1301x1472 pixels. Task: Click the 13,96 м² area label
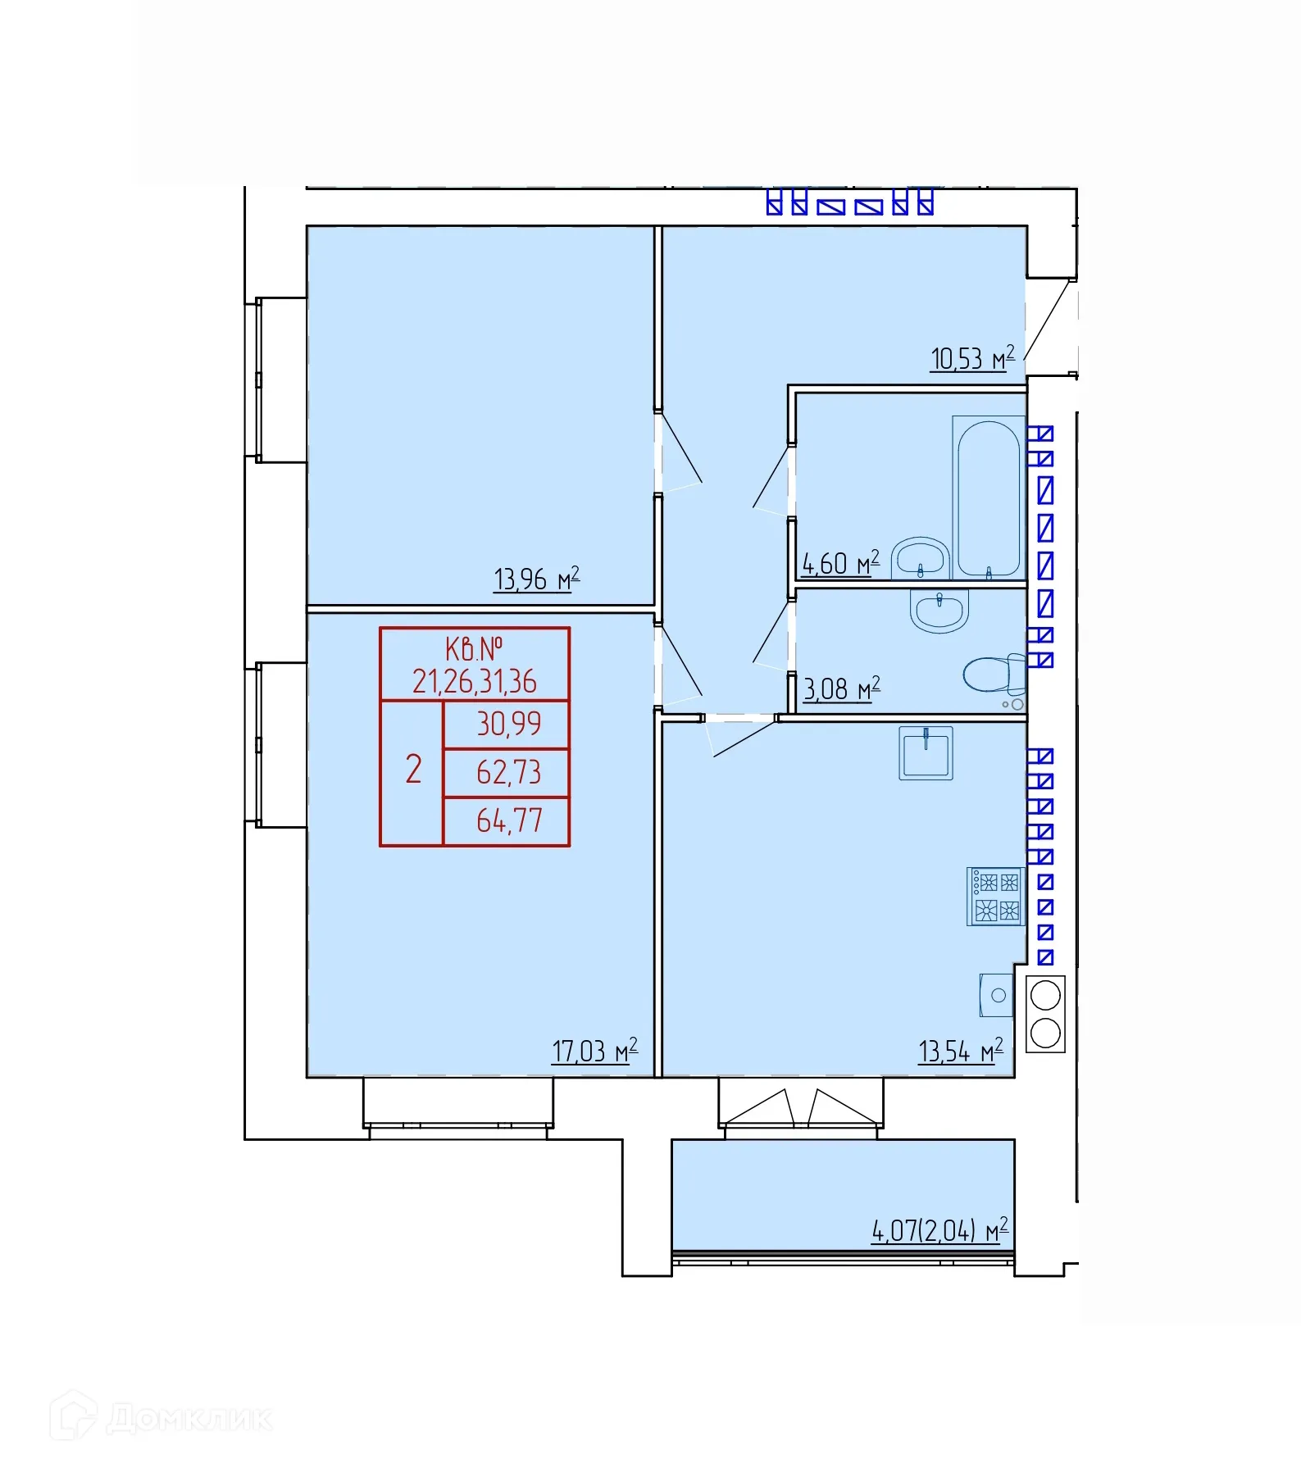tap(536, 579)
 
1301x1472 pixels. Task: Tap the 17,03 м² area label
tap(594, 1050)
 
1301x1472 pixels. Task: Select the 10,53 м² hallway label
tap(972, 358)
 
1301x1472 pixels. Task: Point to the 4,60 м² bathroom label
tap(840, 563)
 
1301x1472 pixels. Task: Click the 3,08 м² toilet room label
tap(841, 688)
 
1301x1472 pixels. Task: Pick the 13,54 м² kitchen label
tap(961, 1050)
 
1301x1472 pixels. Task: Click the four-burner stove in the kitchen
tap(995, 897)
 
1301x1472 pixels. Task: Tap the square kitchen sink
tap(926, 752)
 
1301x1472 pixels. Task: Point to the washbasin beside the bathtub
tap(920, 558)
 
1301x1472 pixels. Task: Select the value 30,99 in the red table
tap(509, 724)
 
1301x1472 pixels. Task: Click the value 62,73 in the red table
tap(509, 772)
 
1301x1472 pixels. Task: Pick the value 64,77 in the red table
tap(509, 820)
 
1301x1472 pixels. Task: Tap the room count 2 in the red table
tap(414, 770)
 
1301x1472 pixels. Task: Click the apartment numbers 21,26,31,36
tap(475, 681)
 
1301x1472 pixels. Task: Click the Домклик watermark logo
tap(161, 1416)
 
